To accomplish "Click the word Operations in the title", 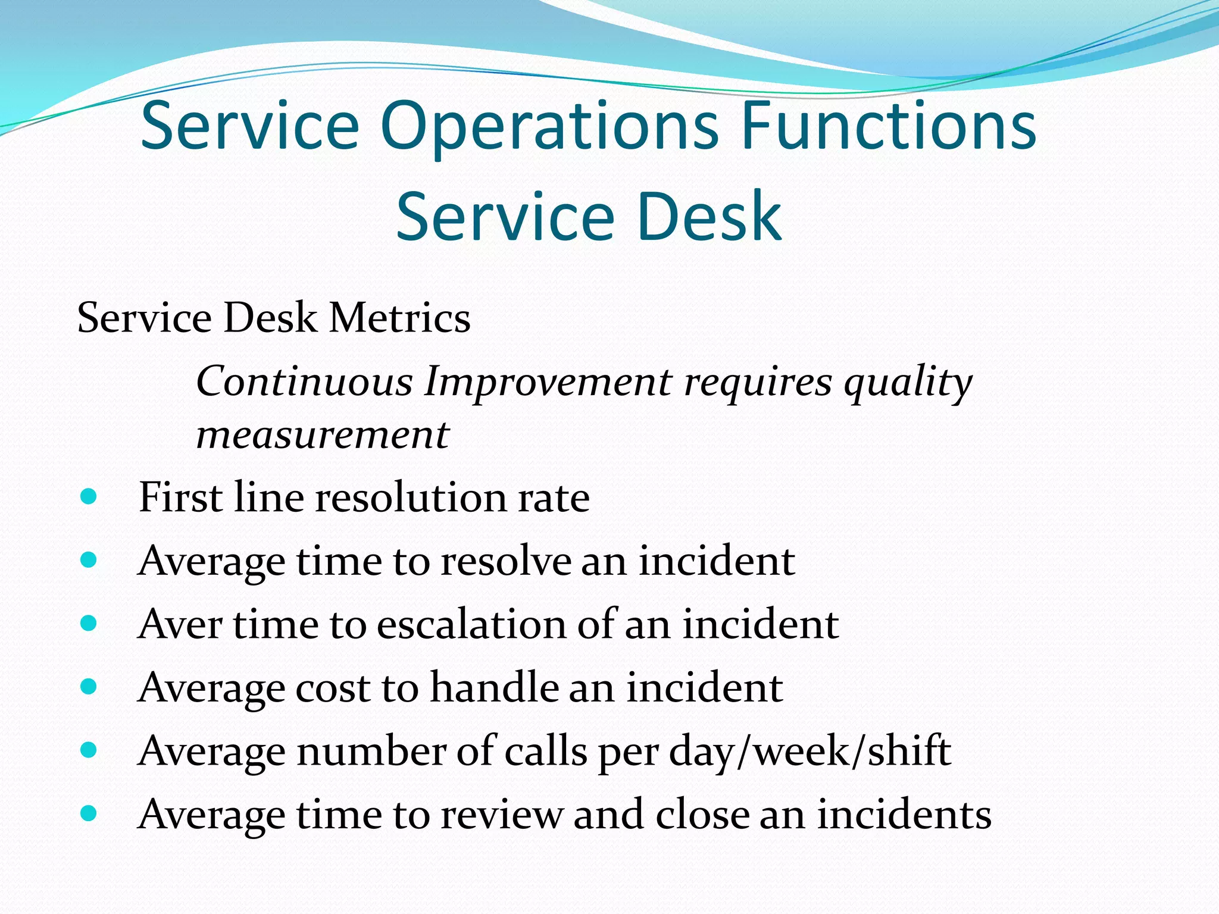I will pos(549,127).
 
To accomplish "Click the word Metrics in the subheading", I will pos(399,318).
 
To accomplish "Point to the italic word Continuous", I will pos(304,381).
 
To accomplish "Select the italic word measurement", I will pos(323,434).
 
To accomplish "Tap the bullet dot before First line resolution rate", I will pos(88,497).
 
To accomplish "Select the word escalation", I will pos(471,624).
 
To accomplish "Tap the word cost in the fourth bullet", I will pos(333,688).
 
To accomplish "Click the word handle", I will pos(493,688).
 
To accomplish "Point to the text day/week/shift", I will pos(809,752).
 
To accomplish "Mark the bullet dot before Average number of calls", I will pos(88,750).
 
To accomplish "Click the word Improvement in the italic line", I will pos(548,381).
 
